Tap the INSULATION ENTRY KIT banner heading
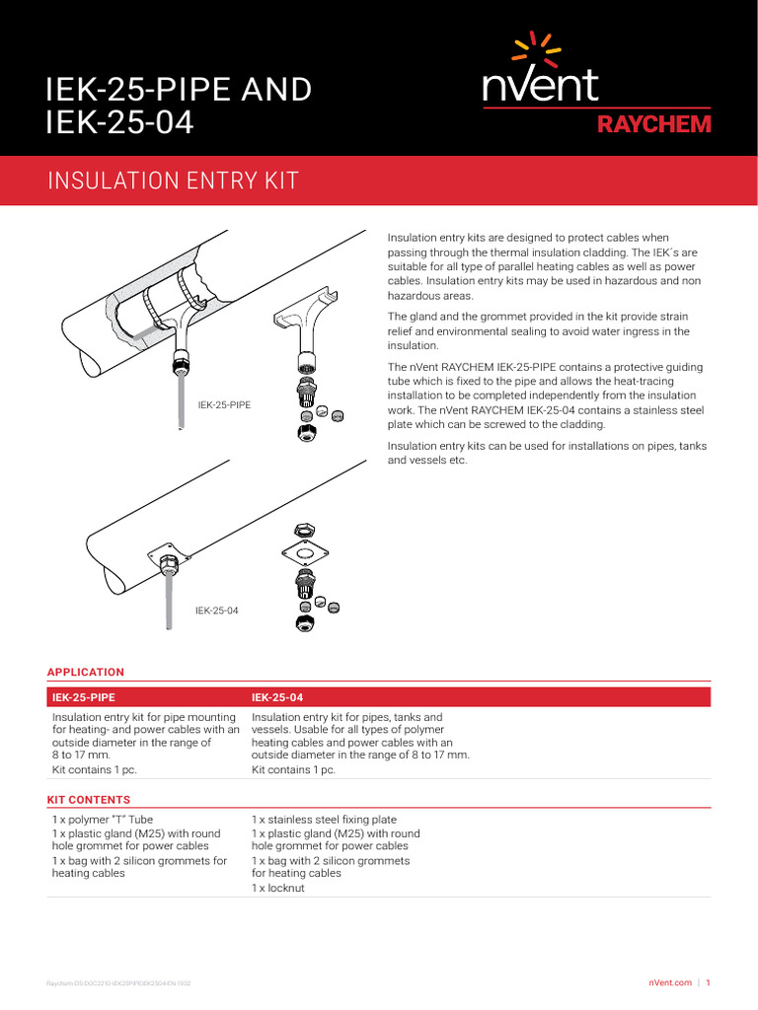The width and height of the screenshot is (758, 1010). pos(173,180)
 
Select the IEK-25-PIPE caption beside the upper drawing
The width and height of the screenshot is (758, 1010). pos(224,404)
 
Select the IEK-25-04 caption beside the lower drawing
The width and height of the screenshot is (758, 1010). pos(216,611)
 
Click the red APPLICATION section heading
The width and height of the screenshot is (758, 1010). pos(86,673)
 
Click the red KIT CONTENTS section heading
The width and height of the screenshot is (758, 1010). pos(89,800)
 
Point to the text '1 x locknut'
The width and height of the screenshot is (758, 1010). pos(278,888)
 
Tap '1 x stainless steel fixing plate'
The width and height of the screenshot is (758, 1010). pos(324,820)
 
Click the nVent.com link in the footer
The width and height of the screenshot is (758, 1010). pos(670,982)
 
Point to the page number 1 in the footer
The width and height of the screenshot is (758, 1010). pos(709,982)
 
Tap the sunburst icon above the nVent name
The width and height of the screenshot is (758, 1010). pos(540,46)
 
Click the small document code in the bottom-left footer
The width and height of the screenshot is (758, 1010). pos(125,983)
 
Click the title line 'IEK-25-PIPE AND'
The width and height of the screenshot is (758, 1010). pos(179,90)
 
